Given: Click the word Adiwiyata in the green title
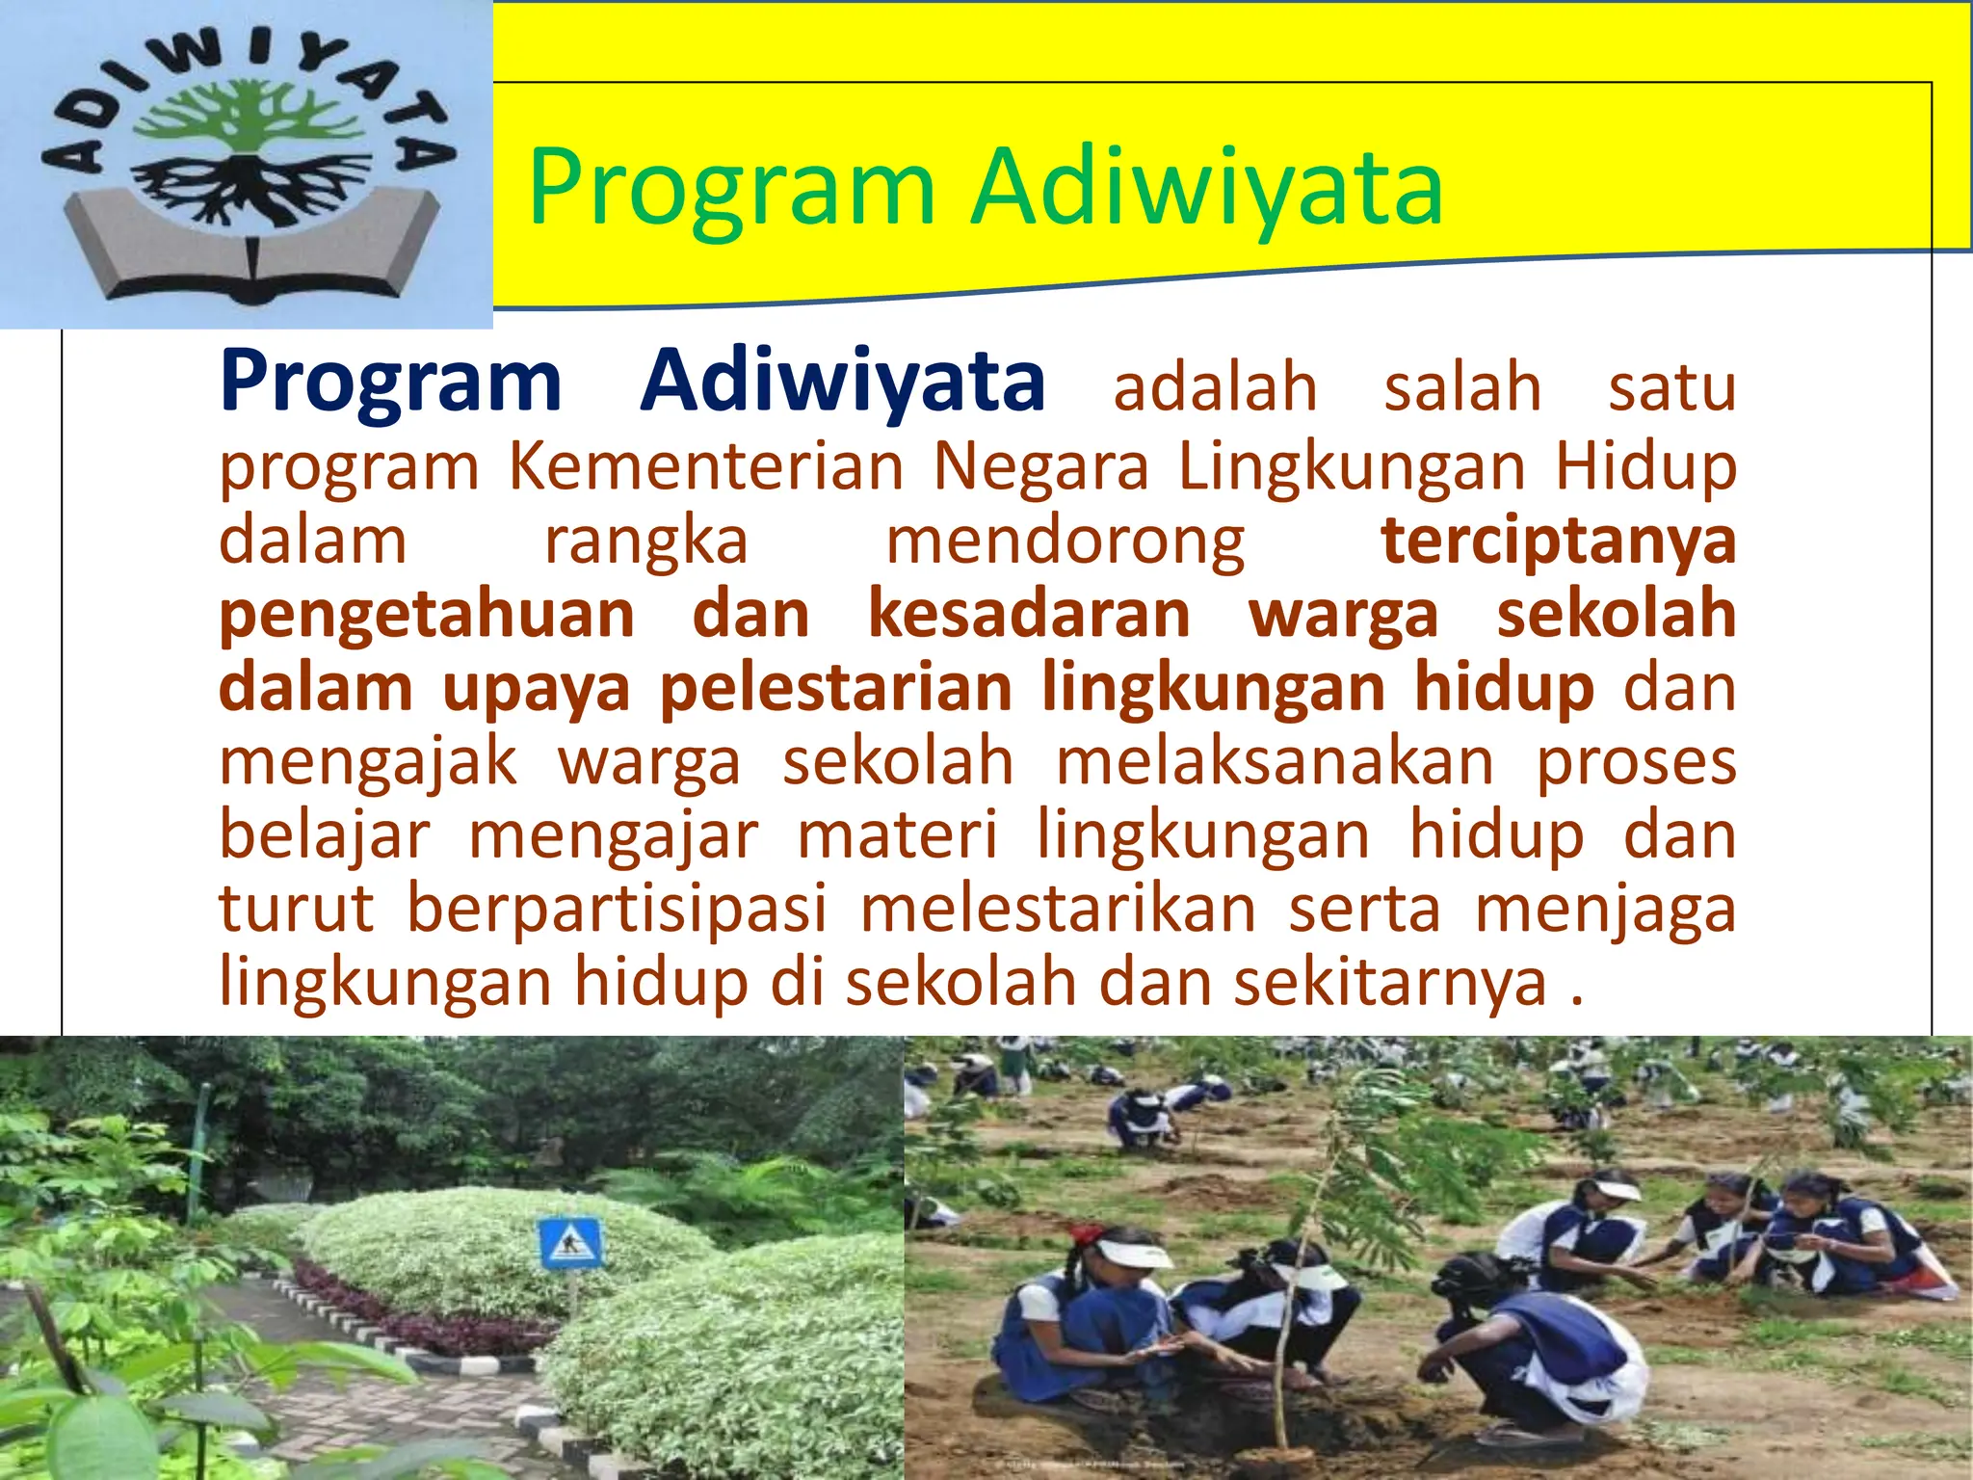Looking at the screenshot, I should click(1206, 187).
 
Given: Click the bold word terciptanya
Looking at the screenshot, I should click(1558, 542).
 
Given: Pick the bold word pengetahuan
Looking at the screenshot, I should click(427, 615).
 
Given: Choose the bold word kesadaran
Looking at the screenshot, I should click(1029, 615).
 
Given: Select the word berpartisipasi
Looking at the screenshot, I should click(617, 910).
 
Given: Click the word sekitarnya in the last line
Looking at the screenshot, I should click(1390, 982).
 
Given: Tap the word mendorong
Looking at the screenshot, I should click(1065, 542).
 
